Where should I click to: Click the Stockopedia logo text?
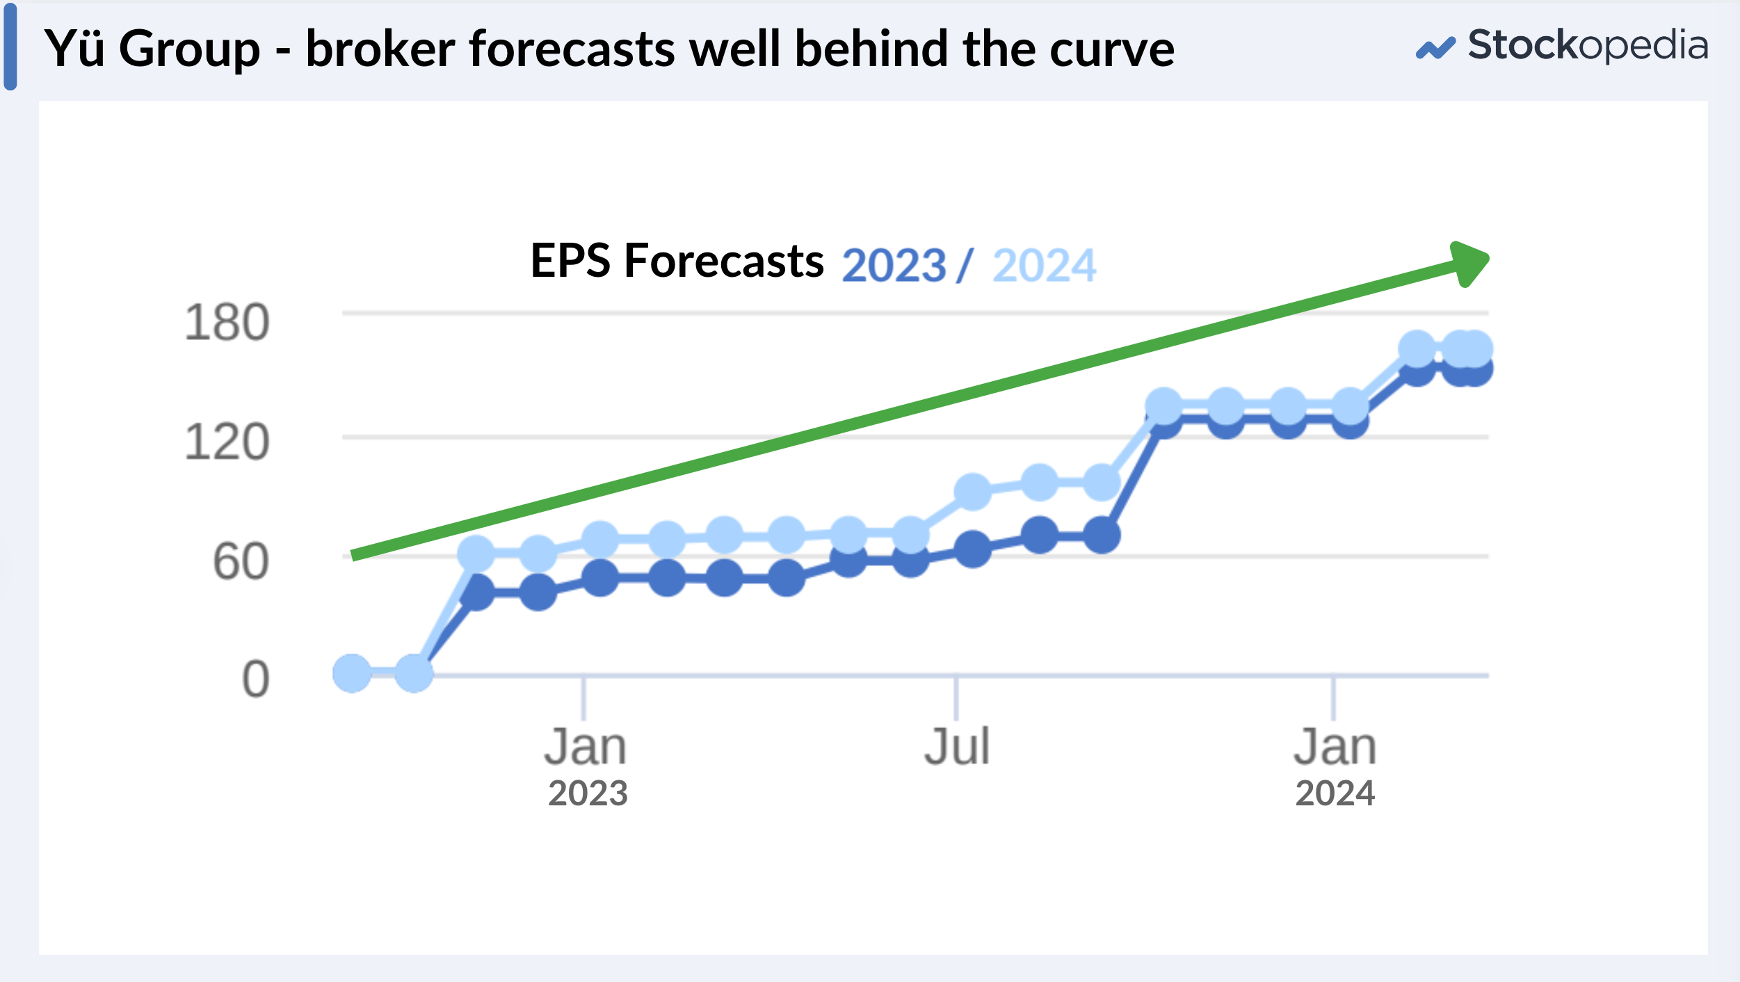(x=1588, y=47)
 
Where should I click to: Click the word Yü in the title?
(x=74, y=49)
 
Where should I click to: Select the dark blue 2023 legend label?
(x=894, y=266)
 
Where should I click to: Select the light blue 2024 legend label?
(x=1045, y=266)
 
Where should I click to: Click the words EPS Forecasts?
(x=677, y=261)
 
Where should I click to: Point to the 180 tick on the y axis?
(x=227, y=323)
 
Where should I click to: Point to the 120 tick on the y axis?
(x=227, y=442)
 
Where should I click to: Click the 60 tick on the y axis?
(x=241, y=562)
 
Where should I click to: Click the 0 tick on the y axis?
(x=256, y=679)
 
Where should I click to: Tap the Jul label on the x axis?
(x=957, y=747)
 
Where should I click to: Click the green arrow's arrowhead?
(x=1470, y=264)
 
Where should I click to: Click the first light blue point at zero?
(x=352, y=673)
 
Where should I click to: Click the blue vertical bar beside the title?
(x=10, y=47)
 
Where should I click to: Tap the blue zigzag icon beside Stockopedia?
(x=1435, y=48)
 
